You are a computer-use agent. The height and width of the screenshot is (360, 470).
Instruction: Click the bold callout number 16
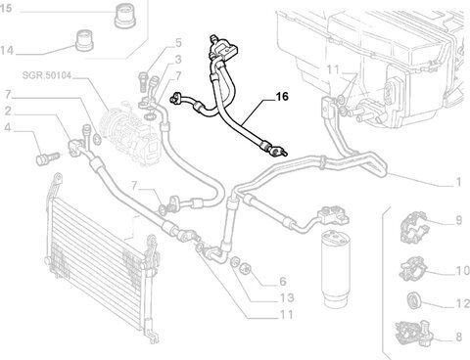tap(282, 96)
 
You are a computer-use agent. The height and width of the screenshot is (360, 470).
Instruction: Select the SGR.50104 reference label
tap(46, 75)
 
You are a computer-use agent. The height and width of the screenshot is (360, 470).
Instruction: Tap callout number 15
tap(6, 8)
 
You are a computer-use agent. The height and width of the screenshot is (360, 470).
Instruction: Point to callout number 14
tap(7, 51)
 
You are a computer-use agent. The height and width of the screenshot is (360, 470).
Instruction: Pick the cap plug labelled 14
tap(85, 40)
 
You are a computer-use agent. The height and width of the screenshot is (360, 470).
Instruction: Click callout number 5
tap(178, 43)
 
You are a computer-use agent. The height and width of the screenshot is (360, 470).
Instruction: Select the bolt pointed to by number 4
tap(47, 158)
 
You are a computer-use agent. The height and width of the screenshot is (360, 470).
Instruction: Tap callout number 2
tap(8, 111)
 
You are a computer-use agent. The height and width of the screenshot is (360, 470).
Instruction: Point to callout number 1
tap(458, 182)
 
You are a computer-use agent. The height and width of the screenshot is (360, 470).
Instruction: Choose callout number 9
tap(458, 220)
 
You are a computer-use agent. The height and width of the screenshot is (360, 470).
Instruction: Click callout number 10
tap(462, 270)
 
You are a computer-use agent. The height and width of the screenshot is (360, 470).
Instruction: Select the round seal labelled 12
tap(415, 299)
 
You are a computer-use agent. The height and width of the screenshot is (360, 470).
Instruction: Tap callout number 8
tap(458, 337)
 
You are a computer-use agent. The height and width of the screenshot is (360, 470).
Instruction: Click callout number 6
tap(283, 281)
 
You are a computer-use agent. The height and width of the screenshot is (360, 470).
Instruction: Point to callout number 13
tap(287, 297)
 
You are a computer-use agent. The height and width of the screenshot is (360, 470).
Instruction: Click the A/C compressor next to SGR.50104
tap(130, 134)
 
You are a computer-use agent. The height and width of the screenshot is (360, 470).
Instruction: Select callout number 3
tap(178, 60)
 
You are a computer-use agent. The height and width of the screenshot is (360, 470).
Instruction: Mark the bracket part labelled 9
tap(413, 227)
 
